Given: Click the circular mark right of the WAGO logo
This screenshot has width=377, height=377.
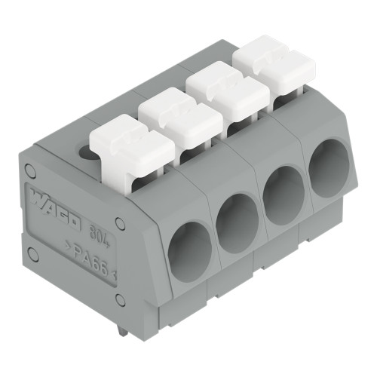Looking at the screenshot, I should (x=121, y=223).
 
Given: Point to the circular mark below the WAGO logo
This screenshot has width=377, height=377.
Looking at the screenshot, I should (x=32, y=253).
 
